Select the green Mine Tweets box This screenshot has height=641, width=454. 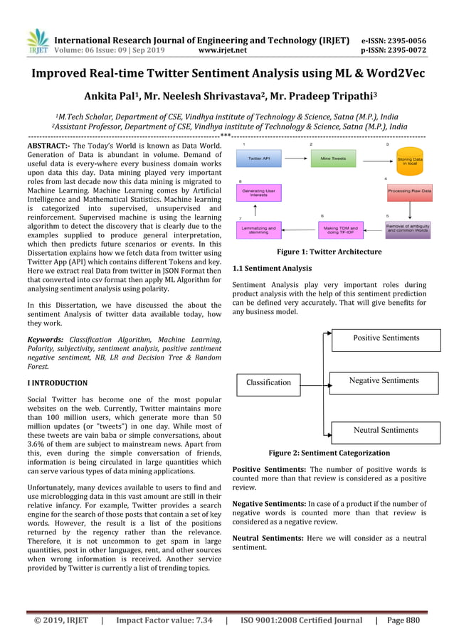point(333,158)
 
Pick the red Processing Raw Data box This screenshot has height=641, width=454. point(409,190)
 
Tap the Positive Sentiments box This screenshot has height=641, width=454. point(386,338)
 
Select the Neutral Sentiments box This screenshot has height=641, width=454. point(386,431)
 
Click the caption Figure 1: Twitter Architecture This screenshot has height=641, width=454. point(329,252)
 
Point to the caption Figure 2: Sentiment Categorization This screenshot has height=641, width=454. point(329,453)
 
